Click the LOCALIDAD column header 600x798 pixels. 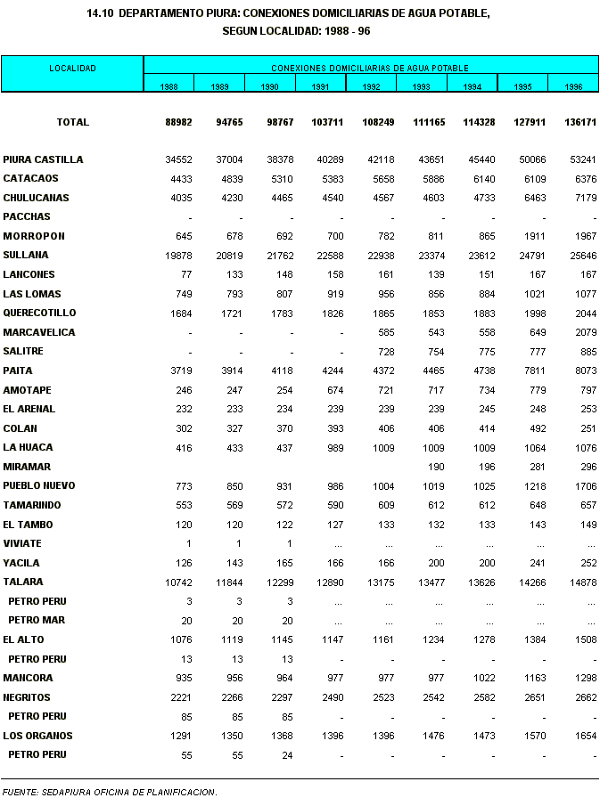(72, 68)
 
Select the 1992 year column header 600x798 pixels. (371, 86)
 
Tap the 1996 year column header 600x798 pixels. (573, 86)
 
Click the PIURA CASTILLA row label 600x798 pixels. (43, 159)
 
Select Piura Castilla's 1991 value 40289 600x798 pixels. (326, 159)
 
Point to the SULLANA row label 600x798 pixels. (25, 255)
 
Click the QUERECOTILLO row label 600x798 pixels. (39, 313)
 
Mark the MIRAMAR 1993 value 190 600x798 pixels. (435, 467)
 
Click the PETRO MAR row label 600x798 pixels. (37, 620)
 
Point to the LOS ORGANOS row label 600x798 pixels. (37, 736)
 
